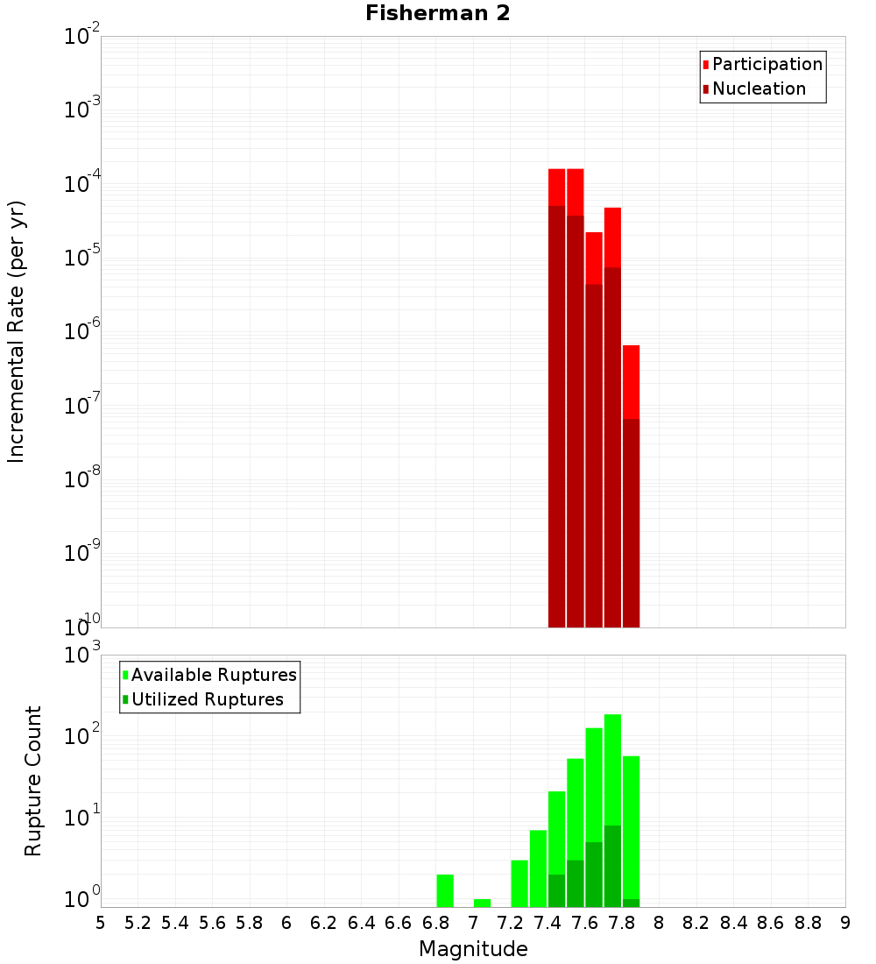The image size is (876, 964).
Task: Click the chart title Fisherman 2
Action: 437,13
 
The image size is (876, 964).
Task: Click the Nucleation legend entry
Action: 758,89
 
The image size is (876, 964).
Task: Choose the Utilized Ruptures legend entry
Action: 207,699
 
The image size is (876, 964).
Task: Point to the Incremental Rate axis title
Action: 17,331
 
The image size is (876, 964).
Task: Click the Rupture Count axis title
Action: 33,781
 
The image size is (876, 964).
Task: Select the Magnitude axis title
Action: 473,949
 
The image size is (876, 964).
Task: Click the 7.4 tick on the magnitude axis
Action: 547,922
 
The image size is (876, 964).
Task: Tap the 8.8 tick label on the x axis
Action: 808,922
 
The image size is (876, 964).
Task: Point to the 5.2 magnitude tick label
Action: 138,922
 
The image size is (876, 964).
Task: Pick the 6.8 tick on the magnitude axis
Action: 435,922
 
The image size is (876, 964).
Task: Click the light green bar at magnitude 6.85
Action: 445,890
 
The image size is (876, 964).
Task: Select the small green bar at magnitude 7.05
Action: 482,903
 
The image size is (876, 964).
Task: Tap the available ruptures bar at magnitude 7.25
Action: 519,883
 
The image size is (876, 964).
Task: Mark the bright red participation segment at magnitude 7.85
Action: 631,381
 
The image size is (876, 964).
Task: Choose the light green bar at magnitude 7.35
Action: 538,868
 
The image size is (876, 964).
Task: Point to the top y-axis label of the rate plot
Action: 83,37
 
